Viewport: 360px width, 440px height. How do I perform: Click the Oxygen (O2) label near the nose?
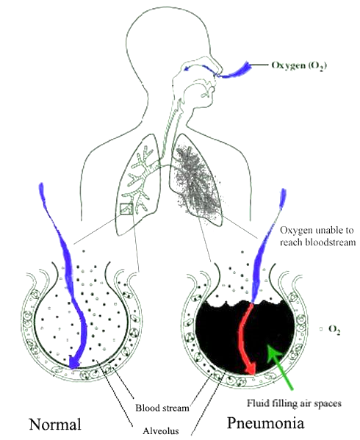pyautogui.click(x=299, y=65)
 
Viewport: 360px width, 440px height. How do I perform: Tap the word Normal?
pyautogui.click(x=55, y=424)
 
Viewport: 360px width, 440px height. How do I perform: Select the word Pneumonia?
pyautogui.click(x=265, y=422)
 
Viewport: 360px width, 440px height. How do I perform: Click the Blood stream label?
pyautogui.click(x=162, y=408)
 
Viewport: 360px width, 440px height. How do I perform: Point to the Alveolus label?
pyautogui.click(x=161, y=430)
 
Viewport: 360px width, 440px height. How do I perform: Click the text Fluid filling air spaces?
pyautogui.click(x=294, y=403)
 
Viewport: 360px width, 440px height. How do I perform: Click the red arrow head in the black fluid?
pyautogui.click(x=251, y=368)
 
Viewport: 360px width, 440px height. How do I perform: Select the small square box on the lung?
pyautogui.click(x=126, y=209)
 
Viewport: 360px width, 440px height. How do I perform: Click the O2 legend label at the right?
pyautogui.click(x=334, y=329)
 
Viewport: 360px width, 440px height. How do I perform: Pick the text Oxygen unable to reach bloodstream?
pyautogui.click(x=317, y=236)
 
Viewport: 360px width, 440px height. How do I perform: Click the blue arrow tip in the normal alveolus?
pyautogui.click(x=73, y=363)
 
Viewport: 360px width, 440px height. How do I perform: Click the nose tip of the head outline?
pyautogui.click(x=222, y=70)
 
